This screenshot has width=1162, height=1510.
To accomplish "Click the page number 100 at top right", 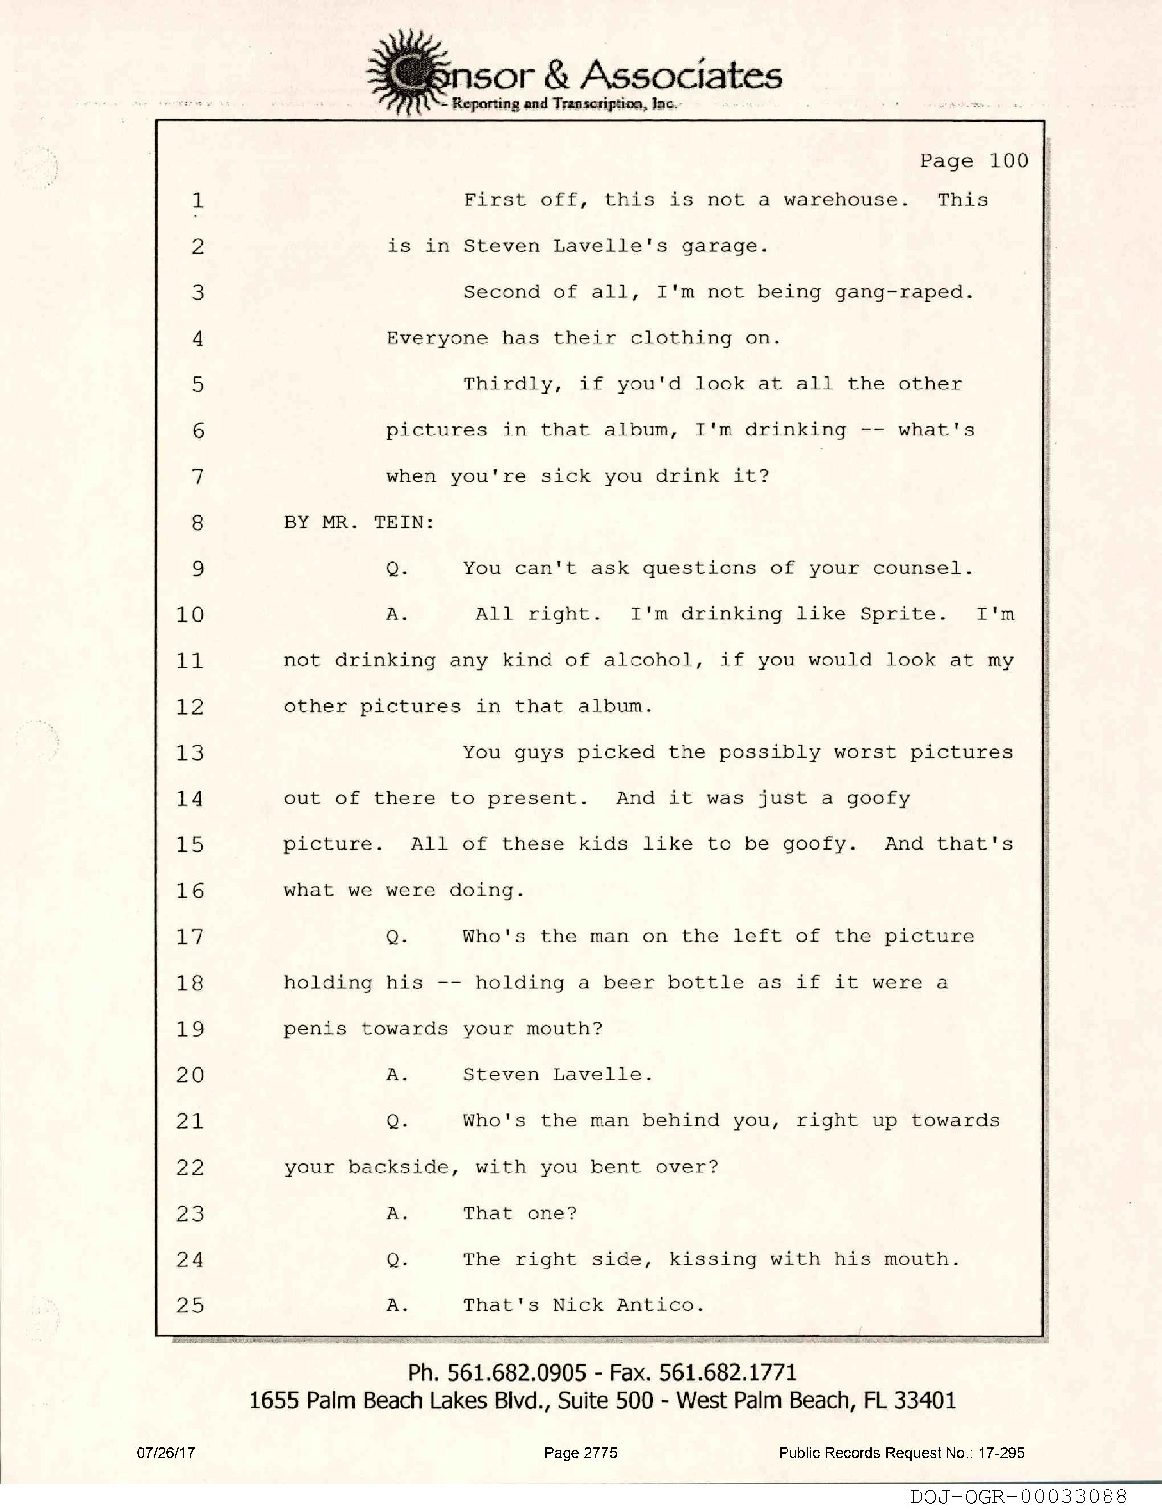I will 1008,161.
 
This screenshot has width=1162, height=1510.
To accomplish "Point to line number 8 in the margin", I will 198,523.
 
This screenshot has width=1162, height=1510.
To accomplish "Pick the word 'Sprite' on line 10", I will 901,614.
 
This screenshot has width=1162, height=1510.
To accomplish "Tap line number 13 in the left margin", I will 190,753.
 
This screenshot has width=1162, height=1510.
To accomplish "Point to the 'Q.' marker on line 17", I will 397,937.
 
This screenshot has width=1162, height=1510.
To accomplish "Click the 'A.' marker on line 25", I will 397,1305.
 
